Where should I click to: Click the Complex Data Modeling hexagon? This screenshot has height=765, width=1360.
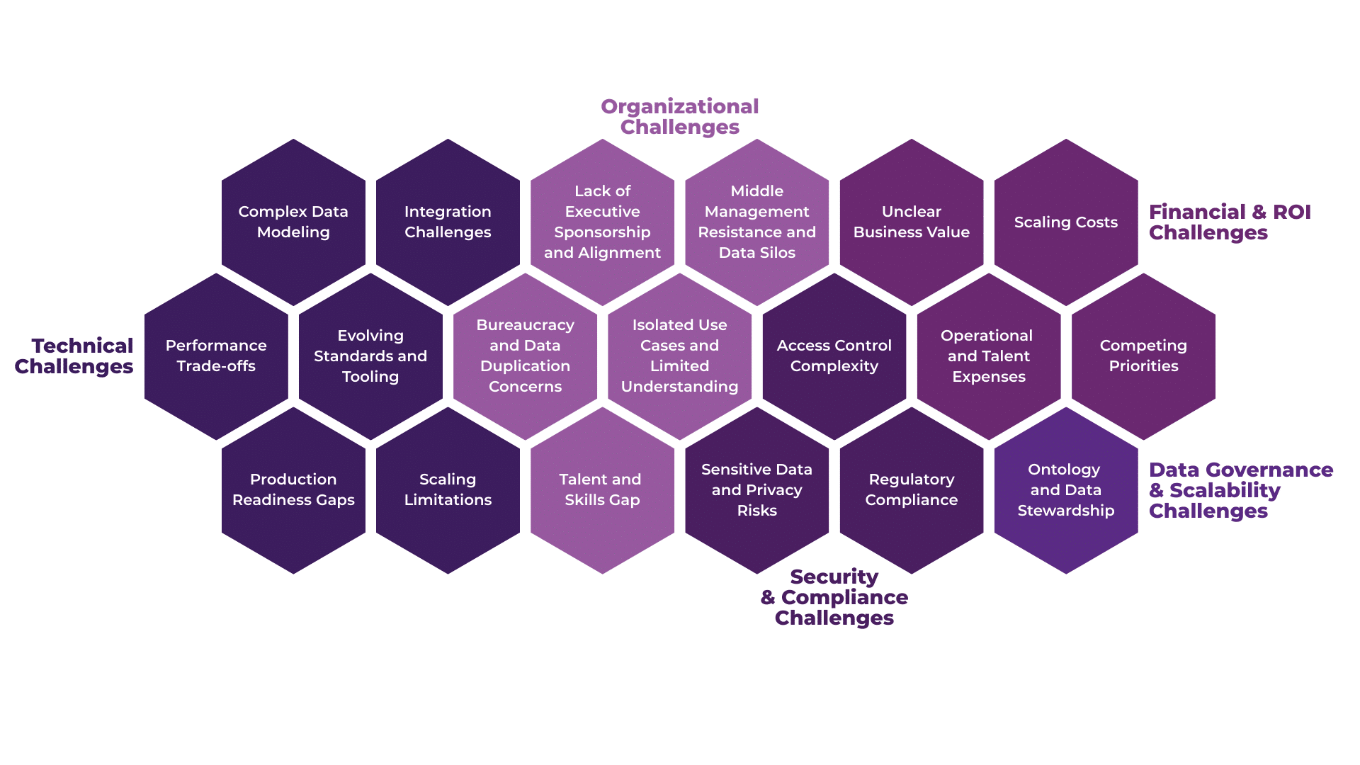(293, 222)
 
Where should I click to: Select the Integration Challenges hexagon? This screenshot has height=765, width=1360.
(448, 222)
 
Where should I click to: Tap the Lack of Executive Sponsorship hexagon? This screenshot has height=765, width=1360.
(602, 222)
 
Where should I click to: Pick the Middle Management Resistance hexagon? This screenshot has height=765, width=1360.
(756, 222)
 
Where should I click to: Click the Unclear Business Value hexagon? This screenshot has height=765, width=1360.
(911, 222)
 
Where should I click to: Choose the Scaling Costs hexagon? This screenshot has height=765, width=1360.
(1065, 222)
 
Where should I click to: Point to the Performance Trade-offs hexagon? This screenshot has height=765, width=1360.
(216, 356)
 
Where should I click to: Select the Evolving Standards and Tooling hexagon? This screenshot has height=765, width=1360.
(370, 356)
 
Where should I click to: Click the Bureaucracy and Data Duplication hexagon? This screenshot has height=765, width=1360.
(525, 356)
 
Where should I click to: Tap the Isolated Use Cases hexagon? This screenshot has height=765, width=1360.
(679, 356)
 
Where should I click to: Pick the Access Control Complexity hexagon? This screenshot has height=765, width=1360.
(834, 356)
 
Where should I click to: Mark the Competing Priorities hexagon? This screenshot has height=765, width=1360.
(1143, 356)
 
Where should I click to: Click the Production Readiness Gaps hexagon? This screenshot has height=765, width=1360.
(293, 489)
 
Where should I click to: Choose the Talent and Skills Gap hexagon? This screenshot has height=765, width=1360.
(602, 489)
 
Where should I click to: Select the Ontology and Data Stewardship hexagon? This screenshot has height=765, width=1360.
(1065, 489)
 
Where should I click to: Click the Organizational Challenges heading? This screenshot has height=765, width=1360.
(680, 117)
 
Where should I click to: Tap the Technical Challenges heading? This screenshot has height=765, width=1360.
(74, 356)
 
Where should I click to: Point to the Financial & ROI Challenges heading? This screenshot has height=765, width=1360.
(1229, 222)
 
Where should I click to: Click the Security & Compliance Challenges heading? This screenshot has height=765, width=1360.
(834, 597)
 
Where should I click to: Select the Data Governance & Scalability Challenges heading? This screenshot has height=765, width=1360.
(1240, 490)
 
